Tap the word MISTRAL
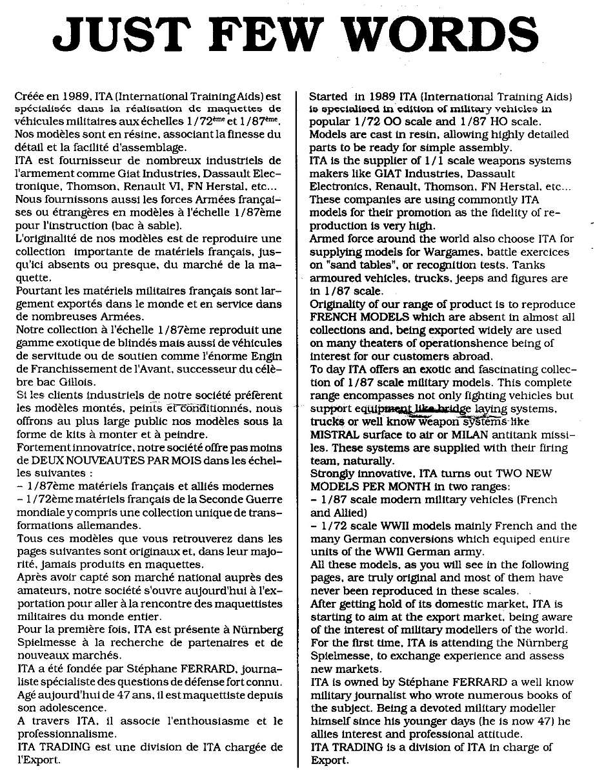332,435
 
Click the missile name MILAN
454,435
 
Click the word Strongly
330,474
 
